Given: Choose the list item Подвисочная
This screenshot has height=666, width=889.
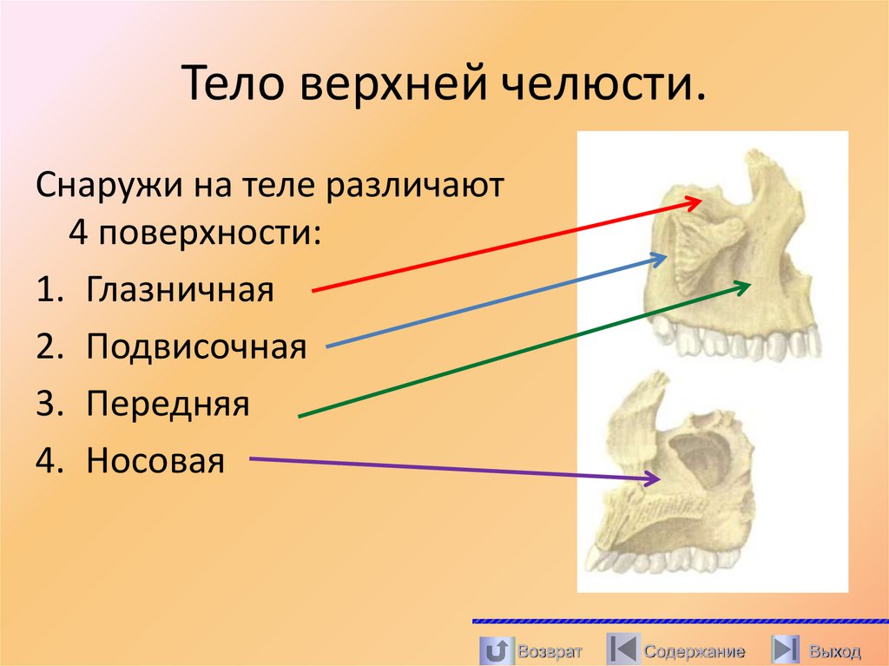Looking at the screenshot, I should coord(196,347).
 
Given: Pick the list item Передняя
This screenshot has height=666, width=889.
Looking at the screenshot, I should coord(168,404).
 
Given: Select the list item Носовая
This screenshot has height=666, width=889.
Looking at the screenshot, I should coord(155,461).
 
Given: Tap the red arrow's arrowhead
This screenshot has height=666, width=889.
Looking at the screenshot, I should coord(695,201).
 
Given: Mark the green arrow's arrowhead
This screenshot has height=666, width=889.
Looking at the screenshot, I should coord(744,285).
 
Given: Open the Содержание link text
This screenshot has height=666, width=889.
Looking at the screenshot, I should coord(695,651).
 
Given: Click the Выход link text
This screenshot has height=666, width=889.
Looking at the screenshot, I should coord(834,651).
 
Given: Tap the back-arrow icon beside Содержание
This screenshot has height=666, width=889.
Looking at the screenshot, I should coord(621,650).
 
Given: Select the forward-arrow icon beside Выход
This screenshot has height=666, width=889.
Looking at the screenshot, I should coord(786,650).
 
